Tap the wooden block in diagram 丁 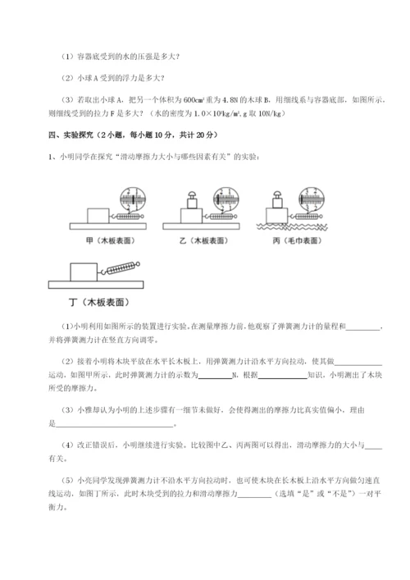(x=81, y=272)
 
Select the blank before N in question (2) (x=215, y=374)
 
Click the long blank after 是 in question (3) (x=115, y=423)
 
